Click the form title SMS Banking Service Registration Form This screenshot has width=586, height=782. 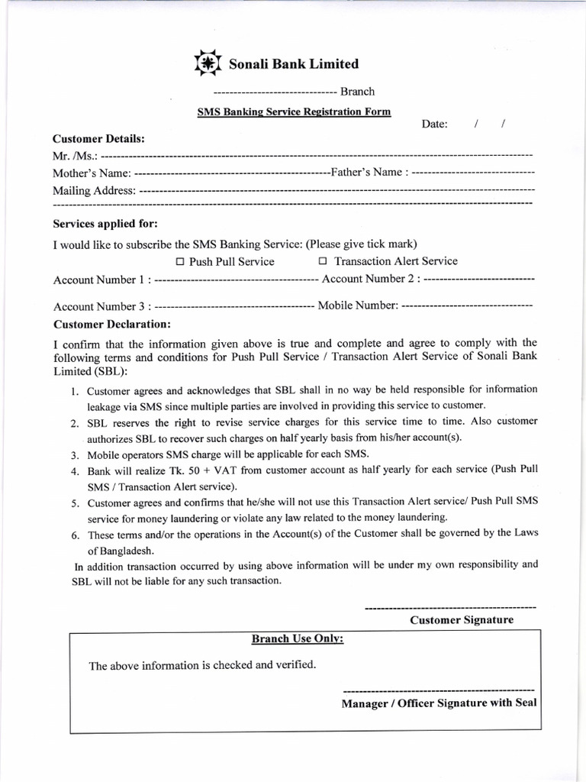[x=294, y=111]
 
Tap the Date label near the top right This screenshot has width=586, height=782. [x=434, y=124]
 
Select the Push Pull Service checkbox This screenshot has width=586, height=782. [x=180, y=262]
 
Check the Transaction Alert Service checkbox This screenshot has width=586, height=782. [x=323, y=262]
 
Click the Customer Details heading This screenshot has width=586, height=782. [x=98, y=139]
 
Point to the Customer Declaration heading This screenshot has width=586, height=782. [x=111, y=324]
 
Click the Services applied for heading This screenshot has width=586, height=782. [x=105, y=224]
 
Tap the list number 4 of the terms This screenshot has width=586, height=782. [x=76, y=472]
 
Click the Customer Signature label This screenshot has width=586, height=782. [x=462, y=619]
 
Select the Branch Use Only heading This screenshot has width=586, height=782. [x=298, y=638]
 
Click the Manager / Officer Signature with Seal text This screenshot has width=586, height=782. [x=439, y=703]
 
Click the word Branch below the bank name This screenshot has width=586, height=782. [x=357, y=92]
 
